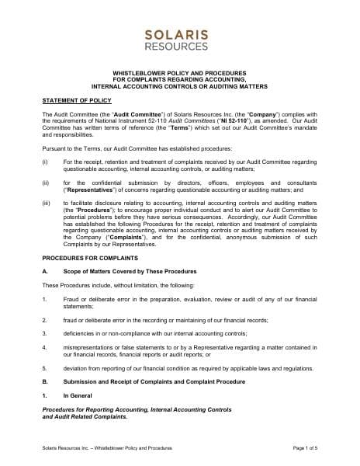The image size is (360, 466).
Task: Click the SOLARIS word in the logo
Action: (x=180, y=33)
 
